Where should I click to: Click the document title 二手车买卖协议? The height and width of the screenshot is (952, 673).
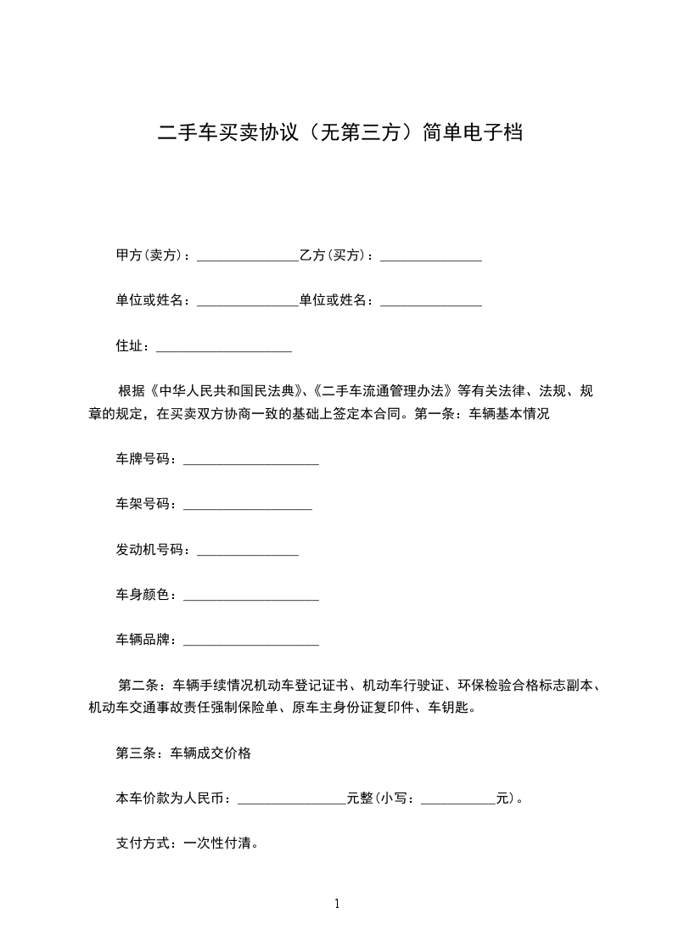click(339, 133)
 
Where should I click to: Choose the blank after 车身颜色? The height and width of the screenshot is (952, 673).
click(251, 598)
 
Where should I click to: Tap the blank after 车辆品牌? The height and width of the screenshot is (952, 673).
click(251, 644)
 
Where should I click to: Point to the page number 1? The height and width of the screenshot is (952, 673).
click(337, 904)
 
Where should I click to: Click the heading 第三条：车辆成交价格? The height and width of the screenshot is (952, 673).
click(183, 753)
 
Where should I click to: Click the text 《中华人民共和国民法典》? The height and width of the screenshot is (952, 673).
click(227, 392)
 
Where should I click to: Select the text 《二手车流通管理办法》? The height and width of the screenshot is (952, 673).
click(384, 392)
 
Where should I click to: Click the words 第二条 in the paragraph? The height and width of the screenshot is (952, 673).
click(133, 686)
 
